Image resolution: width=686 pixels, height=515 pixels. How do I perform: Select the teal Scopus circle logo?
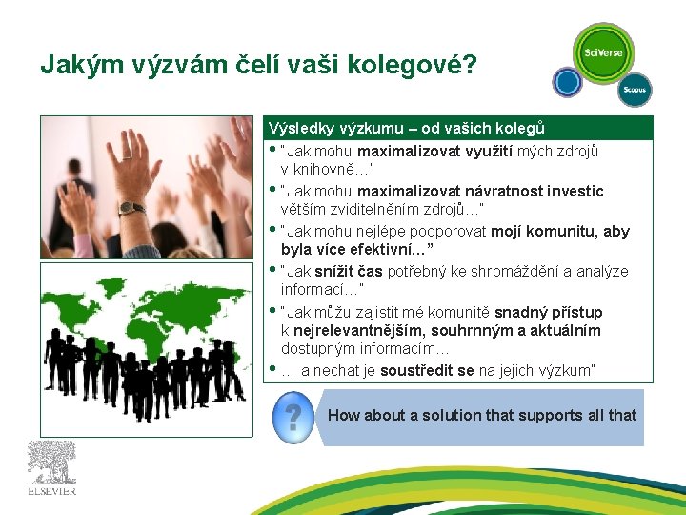click(x=634, y=89)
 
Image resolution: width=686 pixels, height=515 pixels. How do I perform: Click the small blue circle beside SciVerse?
click(x=569, y=82)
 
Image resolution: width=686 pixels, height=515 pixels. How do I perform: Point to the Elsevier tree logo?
click(x=50, y=463)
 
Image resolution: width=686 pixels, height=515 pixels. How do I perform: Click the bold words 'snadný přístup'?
click(x=549, y=312)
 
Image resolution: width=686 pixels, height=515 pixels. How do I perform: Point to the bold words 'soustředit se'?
click(x=427, y=370)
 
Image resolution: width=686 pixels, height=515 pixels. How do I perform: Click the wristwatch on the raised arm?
click(x=131, y=208)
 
